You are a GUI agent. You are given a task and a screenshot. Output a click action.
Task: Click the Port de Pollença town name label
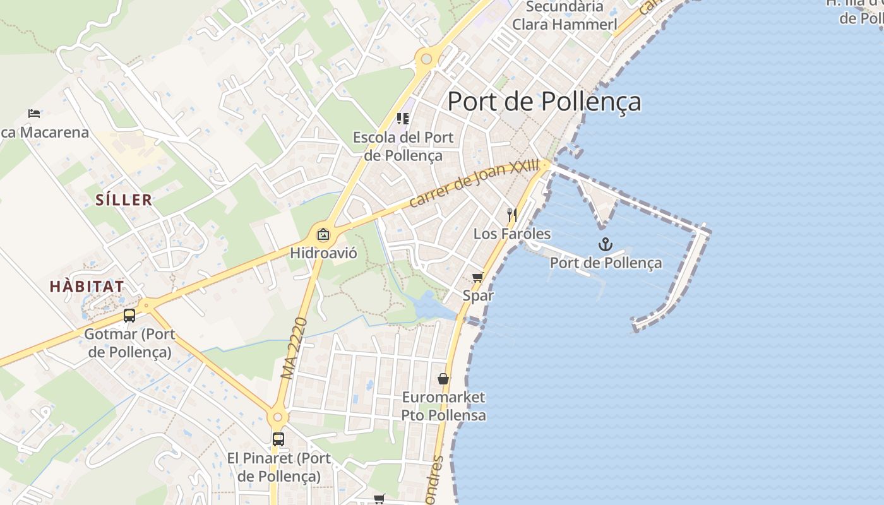[x=544, y=102]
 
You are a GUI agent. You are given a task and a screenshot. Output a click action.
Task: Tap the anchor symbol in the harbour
[x=606, y=244]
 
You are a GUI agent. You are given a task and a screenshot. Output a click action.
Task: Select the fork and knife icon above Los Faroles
[x=512, y=215]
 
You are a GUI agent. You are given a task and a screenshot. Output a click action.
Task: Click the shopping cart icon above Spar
[x=478, y=277]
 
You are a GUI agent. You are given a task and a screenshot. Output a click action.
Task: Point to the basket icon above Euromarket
[x=443, y=379]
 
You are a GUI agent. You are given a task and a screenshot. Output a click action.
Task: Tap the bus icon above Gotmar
[x=129, y=316]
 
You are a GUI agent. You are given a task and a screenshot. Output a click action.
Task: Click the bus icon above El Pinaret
[x=278, y=439]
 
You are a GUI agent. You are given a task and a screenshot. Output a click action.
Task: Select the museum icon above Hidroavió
[x=323, y=234]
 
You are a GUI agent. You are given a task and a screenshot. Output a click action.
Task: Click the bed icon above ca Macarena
[x=34, y=114]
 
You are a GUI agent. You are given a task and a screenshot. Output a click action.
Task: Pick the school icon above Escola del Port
[x=402, y=118]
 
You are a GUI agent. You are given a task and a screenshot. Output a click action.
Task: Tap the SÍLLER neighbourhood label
[x=124, y=200]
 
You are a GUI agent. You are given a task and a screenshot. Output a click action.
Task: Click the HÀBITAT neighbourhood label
[x=87, y=286]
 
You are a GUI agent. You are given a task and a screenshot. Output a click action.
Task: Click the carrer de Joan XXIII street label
[x=474, y=183]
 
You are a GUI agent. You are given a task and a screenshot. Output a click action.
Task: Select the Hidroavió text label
[x=323, y=254]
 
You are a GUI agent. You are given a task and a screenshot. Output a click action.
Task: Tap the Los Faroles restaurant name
[x=512, y=234]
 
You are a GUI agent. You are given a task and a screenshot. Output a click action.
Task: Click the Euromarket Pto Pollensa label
[x=444, y=406]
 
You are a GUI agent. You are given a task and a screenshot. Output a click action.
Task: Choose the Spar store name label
[x=478, y=295]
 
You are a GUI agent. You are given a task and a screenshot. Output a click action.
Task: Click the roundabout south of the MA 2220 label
[x=277, y=417]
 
